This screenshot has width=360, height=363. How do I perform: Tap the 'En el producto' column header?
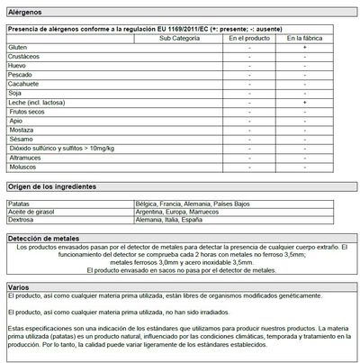tap(248, 38)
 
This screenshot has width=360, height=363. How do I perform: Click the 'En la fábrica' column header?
tap(304, 38)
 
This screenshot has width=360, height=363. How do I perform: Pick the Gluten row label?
tap(16, 47)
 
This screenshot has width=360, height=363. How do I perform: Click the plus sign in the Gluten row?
tap(304, 47)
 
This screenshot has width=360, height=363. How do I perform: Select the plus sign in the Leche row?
tap(304, 104)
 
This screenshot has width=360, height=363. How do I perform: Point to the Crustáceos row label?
tap(22, 57)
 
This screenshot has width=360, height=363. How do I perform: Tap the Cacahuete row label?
tap(22, 85)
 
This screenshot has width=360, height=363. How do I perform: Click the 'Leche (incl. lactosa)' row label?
tap(35, 104)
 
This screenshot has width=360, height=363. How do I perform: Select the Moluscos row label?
tap(22, 168)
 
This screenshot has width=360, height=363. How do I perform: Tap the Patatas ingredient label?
tap(18, 205)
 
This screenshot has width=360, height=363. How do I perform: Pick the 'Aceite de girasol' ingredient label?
tap(31, 213)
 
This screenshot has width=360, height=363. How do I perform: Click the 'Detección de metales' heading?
tap(44, 237)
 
